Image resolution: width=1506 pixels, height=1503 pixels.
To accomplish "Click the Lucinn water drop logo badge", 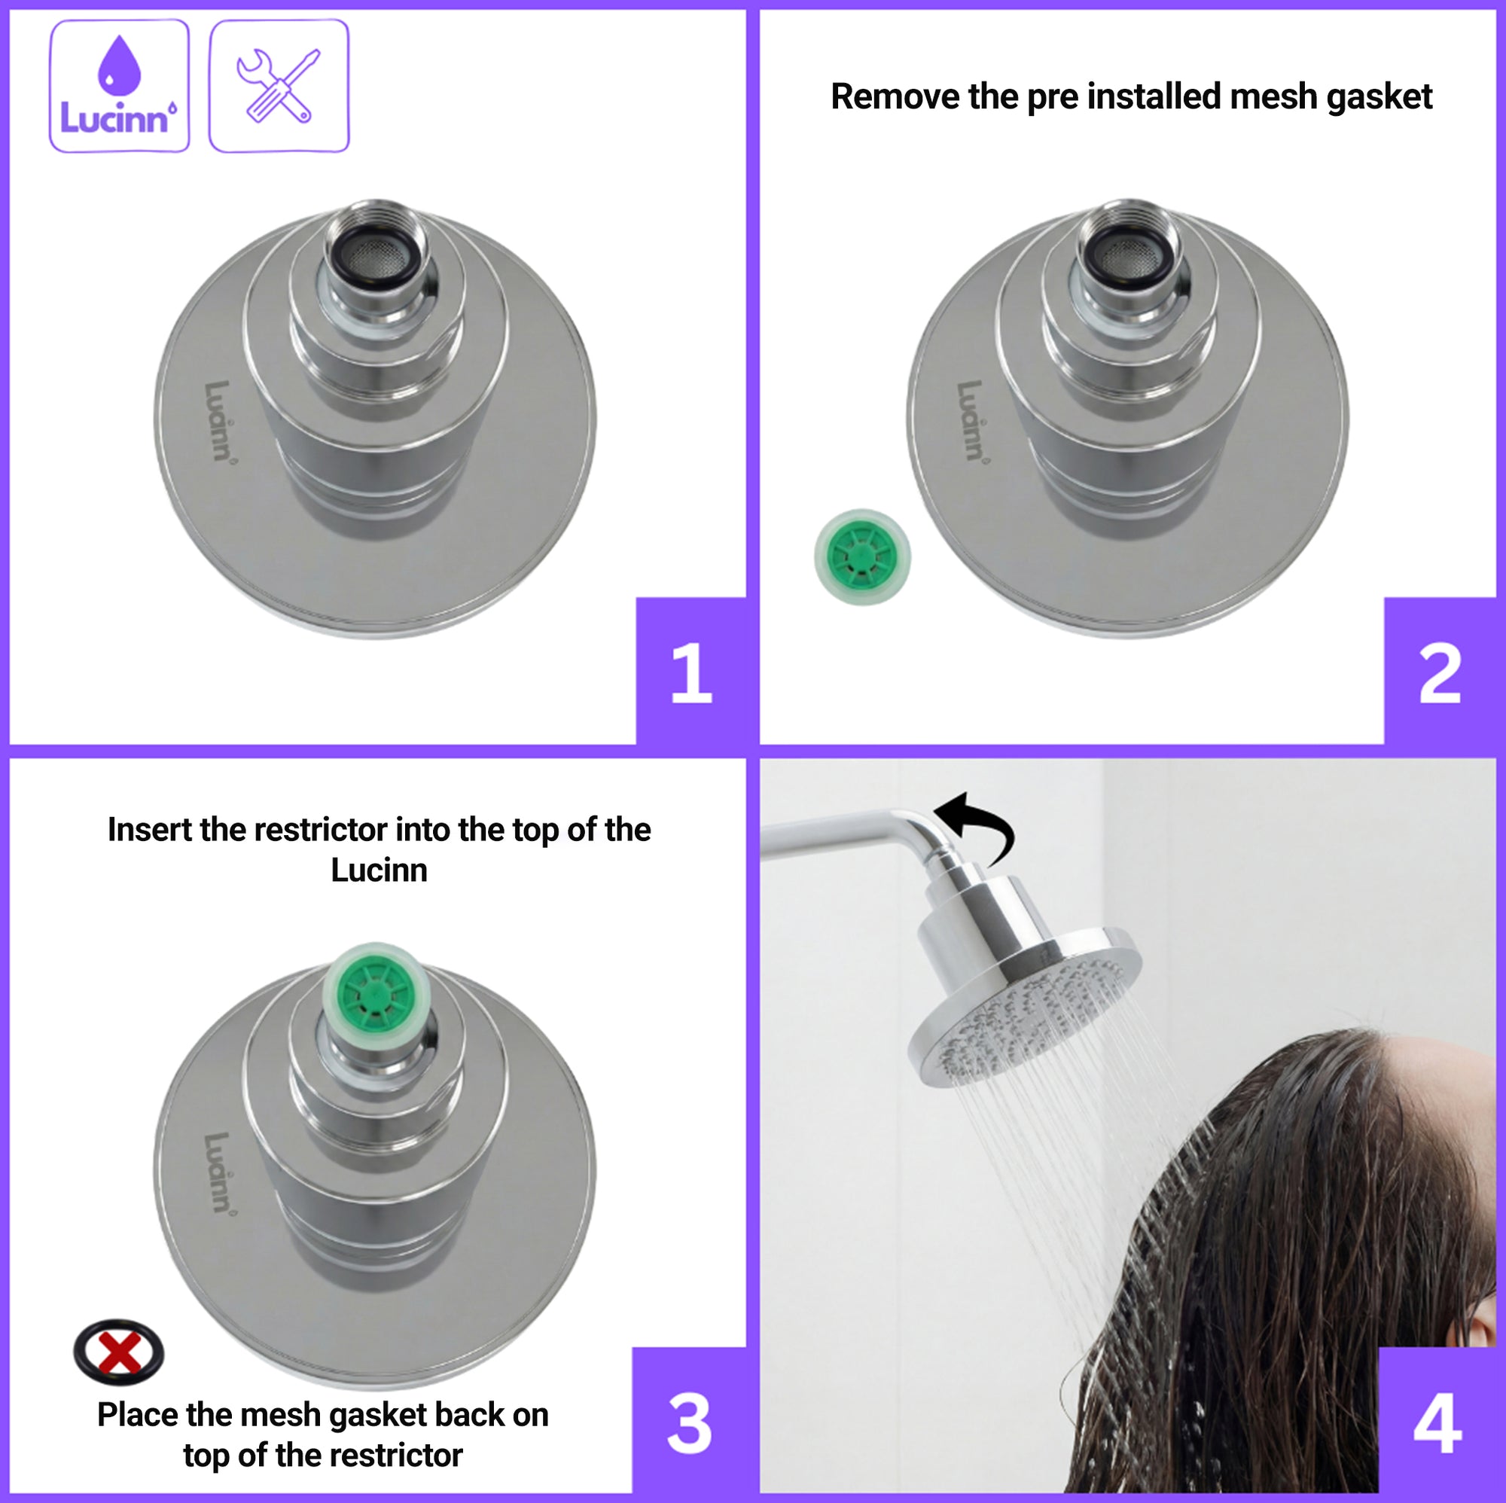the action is pyautogui.click(x=119, y=86).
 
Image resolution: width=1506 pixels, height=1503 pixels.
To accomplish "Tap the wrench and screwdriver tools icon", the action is pyautogui.click(x=279, y=86).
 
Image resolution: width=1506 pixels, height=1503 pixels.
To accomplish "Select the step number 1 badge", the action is pyautogui.click(x=691, y=670).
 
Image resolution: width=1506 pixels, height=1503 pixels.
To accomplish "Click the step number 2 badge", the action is pyautogui.click(x=1440, y=670).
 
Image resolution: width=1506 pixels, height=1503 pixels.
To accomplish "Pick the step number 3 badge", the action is pyautogui.click(x=689, y=1423).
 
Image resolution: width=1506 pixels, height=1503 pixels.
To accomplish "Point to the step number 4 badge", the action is pyautogui.click(x=1437, y=1423).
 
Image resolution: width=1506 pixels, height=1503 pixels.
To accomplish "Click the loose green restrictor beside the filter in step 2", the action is pyautogui.click(x=862, y=556).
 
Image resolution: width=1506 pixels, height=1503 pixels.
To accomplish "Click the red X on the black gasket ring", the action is pyautogui.click(x=119, y=1352).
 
